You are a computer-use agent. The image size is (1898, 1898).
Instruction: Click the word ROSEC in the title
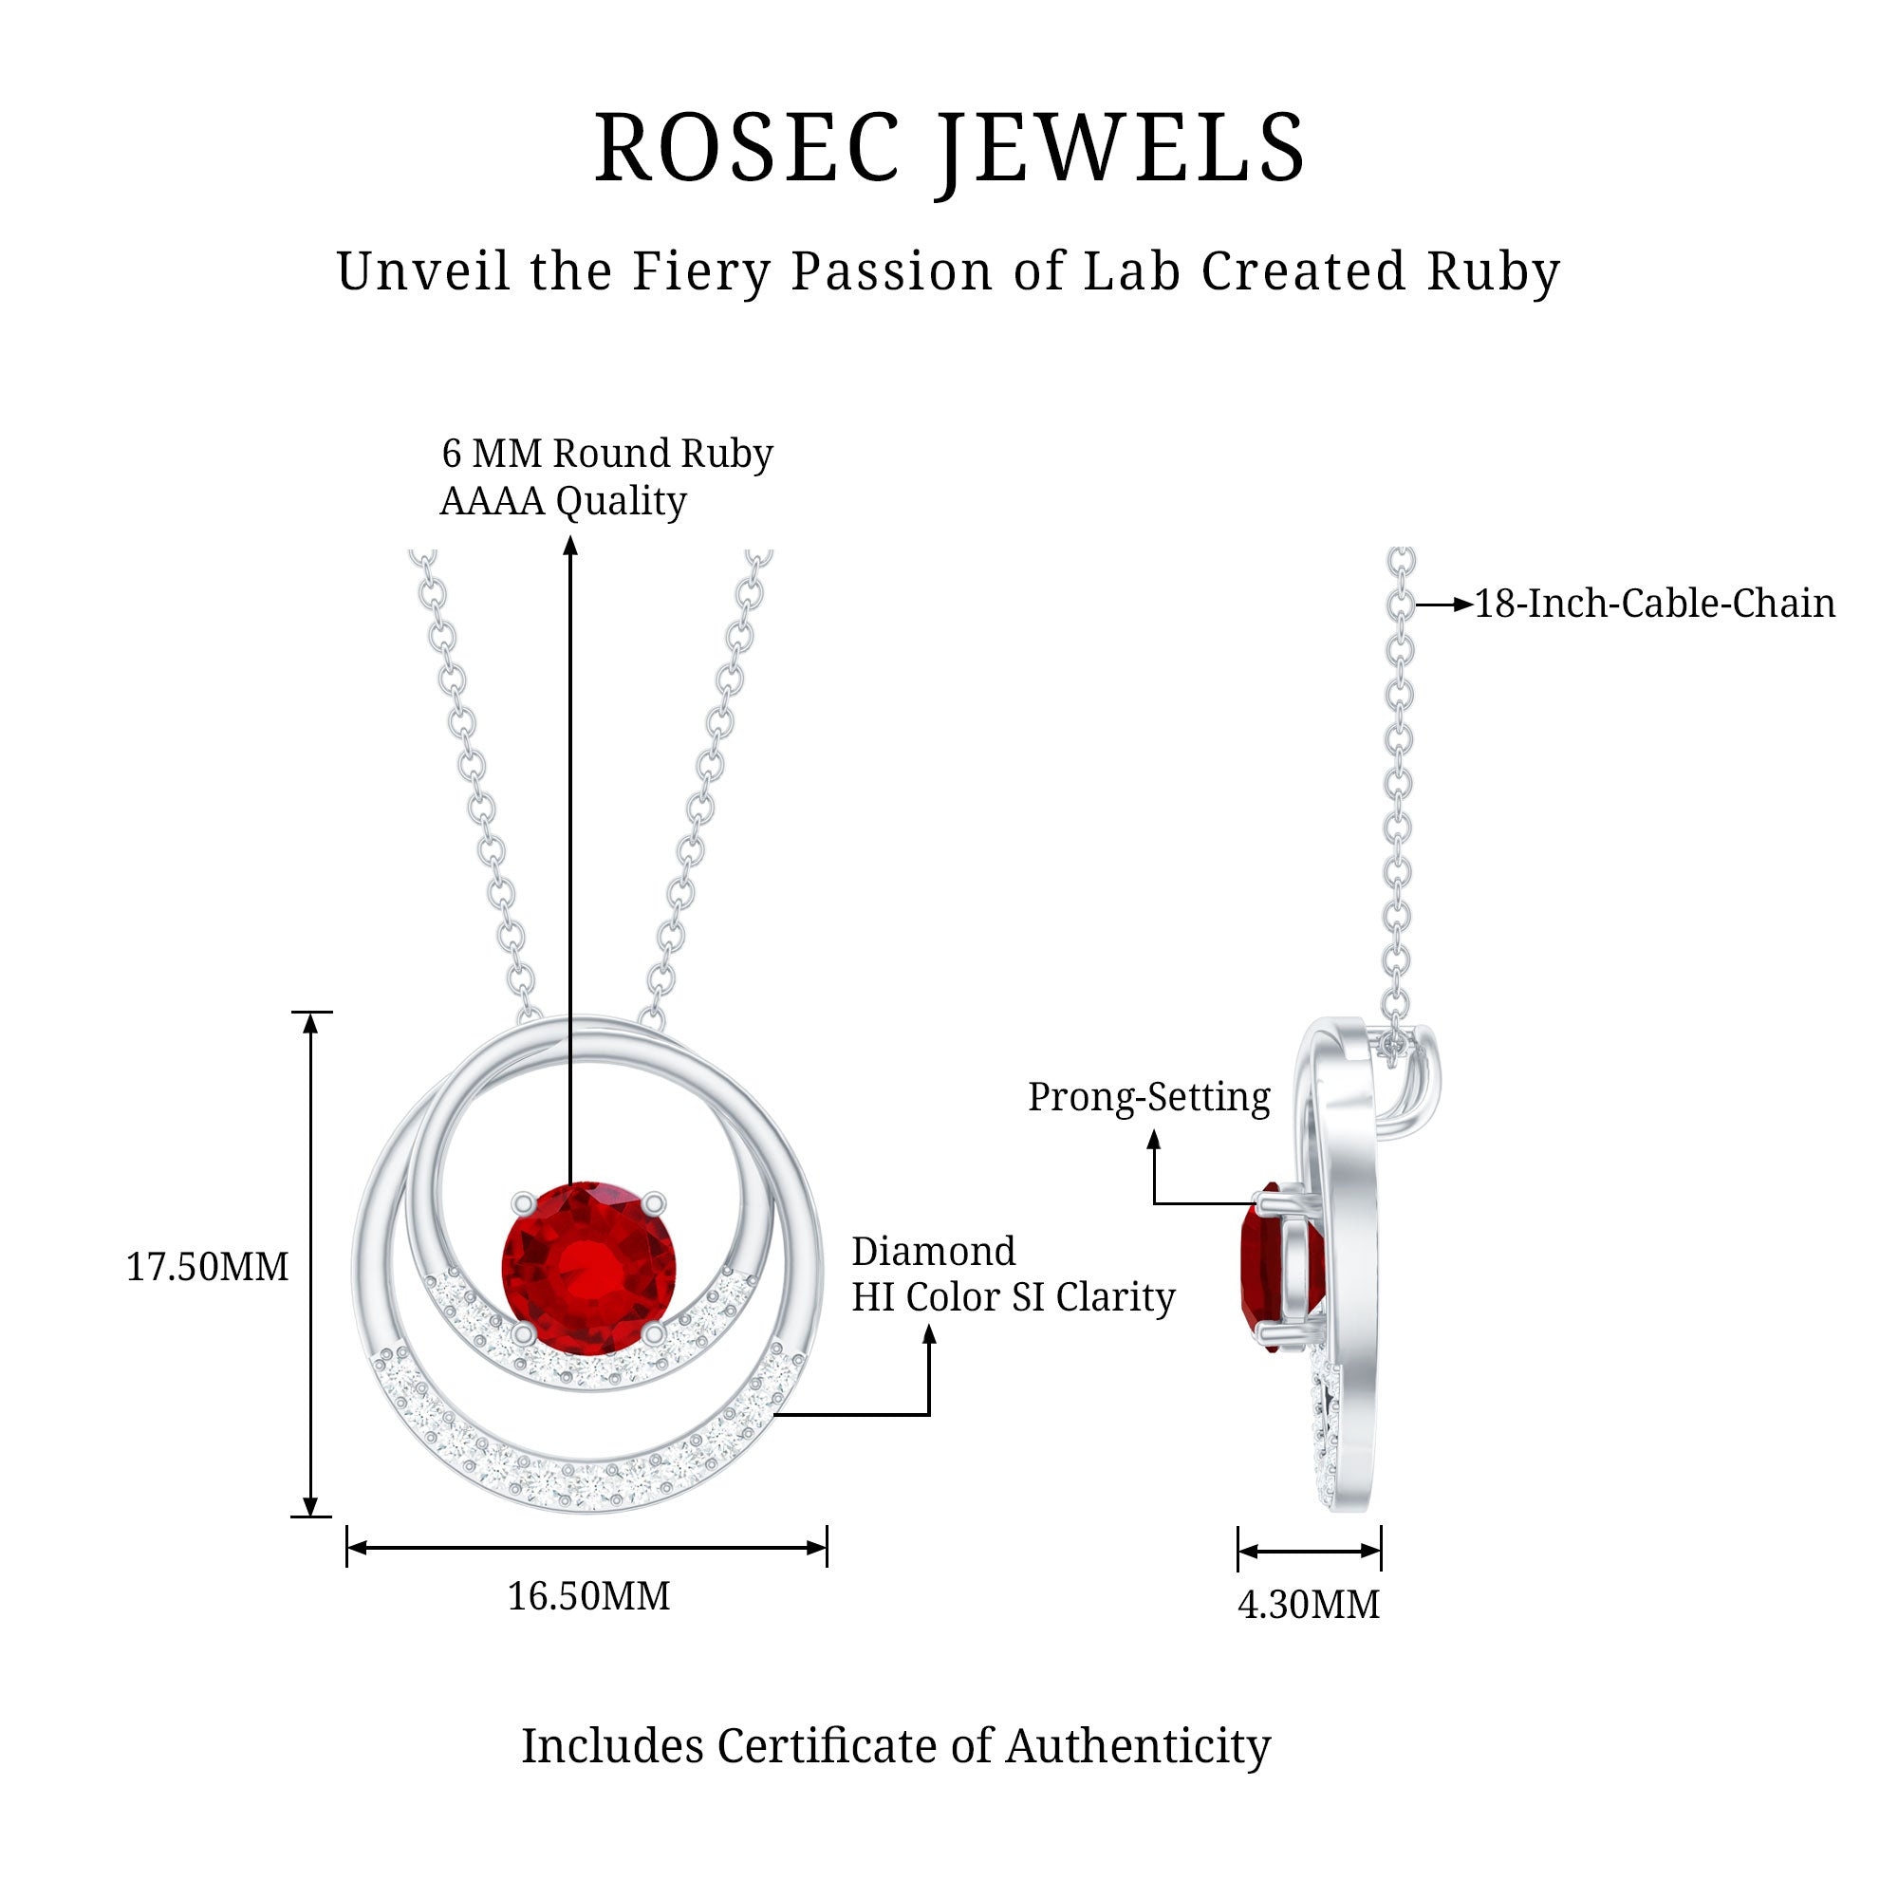coord(747,148)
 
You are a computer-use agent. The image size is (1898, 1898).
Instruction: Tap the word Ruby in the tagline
coord(1492,271)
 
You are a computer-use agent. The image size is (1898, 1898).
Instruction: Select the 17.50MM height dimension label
coord(207,1267)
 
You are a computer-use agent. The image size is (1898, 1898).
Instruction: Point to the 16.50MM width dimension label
coord(588,1595)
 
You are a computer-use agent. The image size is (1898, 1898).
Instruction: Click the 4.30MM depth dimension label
coord(1309,1604)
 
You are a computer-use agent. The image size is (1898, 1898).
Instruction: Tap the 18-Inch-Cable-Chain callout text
coord(1654,604)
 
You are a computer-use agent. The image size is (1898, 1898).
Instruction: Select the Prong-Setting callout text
coord(1148,1096)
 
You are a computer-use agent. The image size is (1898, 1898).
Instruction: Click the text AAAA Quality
coord(563,501)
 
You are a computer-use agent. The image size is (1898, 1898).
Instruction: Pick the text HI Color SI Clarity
coord(1013,1297)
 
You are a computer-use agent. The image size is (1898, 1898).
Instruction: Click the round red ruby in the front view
coord(588,1267)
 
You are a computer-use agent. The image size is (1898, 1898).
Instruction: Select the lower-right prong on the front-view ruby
coord(653,1332)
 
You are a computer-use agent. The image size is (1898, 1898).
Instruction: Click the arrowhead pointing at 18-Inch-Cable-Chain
coord(1463,605)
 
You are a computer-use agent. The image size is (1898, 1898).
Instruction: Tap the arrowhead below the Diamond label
coord(929,1334)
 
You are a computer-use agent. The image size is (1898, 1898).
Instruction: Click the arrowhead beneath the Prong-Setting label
coord(1154,1140)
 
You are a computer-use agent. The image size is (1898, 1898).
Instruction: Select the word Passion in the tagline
coord(892,271)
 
